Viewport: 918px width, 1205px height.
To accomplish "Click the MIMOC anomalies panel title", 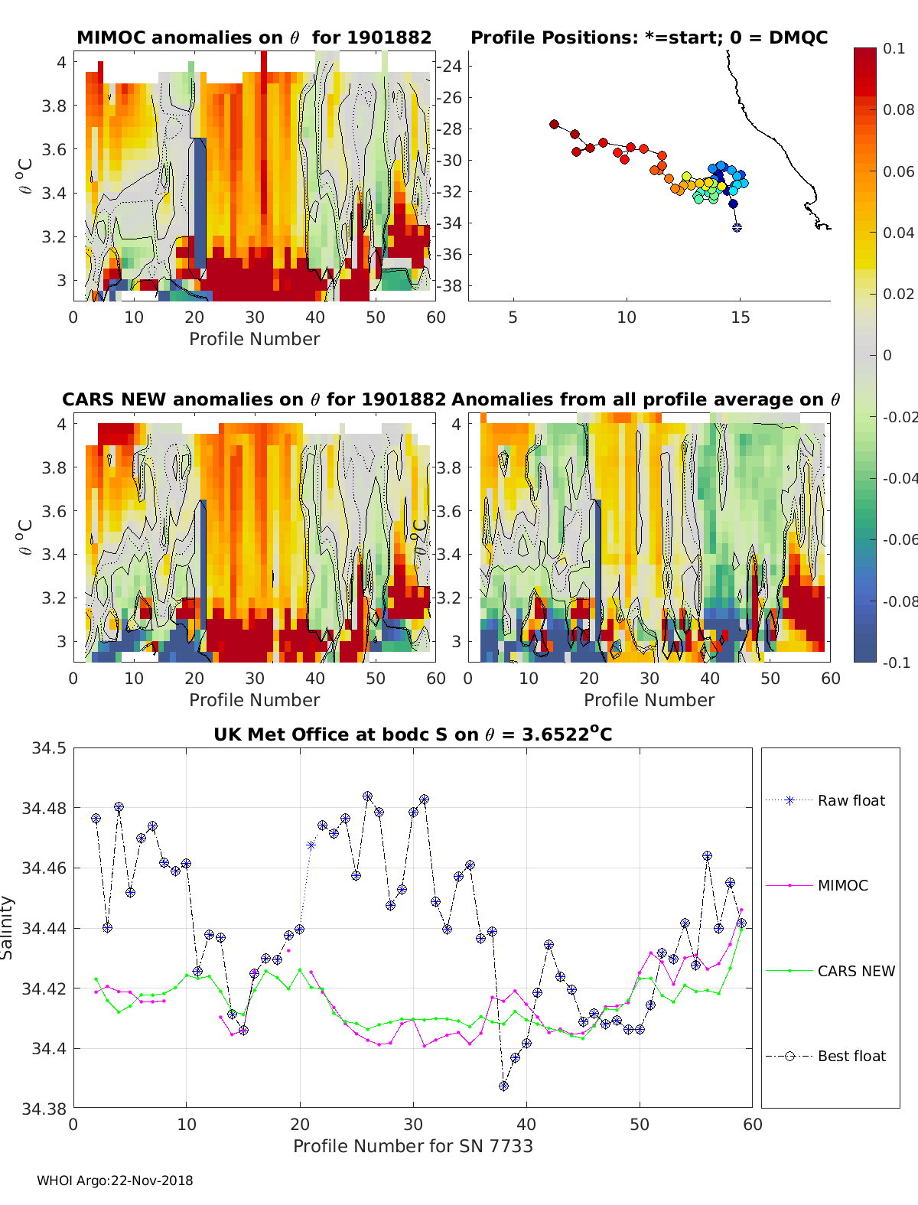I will point(254,37).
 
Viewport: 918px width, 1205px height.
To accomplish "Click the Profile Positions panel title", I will point(649,37).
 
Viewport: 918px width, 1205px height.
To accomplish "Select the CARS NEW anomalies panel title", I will point(254,399).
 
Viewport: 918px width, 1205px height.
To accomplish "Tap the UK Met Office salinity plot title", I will point(413,734).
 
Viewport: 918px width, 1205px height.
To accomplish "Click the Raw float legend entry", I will point(851,800).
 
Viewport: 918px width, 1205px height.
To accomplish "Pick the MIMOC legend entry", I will point(842,885).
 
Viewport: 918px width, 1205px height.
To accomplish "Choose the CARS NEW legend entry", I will point(855,971).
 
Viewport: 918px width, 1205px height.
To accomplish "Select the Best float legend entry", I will point(851,1056).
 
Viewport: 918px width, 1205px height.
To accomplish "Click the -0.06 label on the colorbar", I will point(898,539).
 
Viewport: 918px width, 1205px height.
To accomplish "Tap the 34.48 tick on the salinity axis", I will point(48,808).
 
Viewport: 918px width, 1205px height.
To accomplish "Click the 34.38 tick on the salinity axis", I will point(48,1109).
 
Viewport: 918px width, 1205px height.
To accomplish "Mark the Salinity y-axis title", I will point(8,927).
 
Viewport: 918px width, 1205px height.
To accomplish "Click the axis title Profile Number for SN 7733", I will point(413,1145).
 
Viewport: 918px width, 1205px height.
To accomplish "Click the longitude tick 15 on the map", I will point(741,317).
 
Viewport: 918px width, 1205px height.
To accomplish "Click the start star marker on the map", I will point(737,227).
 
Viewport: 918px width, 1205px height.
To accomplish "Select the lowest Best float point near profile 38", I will point(503,1086).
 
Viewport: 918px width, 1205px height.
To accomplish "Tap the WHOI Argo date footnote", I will point(115,1181).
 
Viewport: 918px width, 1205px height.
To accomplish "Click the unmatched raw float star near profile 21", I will point(311,845).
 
